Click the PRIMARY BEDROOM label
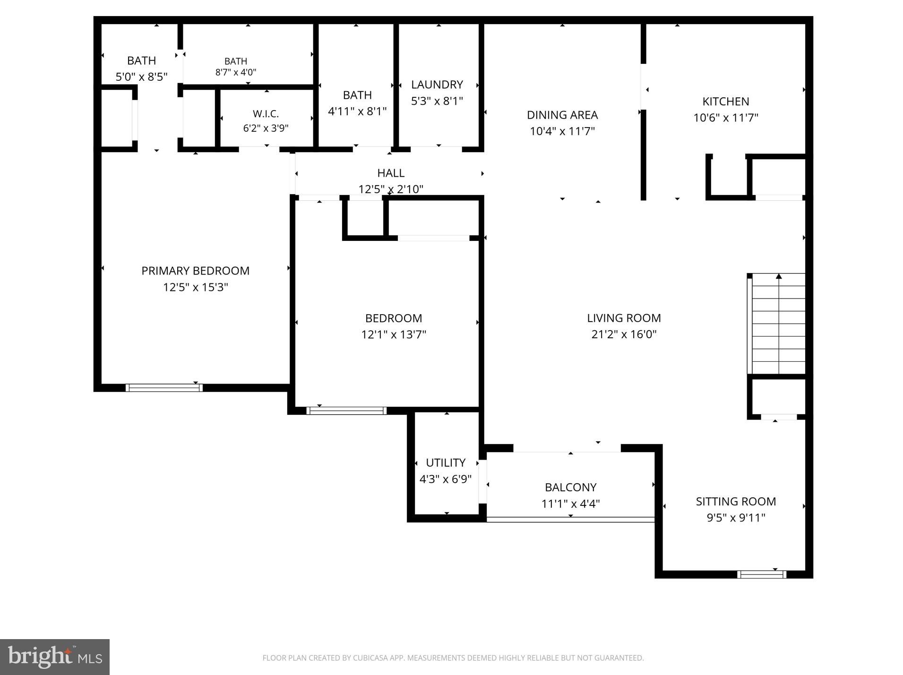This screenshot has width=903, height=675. [x=195, y=271]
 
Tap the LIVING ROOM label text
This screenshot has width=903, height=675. [x=624, y=318]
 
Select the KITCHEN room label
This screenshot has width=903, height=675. [x=725, y=102]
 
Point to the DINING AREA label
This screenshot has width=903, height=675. [x=562, y=115]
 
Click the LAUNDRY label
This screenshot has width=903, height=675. [x=437, y=85]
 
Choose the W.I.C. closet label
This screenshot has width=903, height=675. [x=266, y=114]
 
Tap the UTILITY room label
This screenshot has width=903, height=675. [x=446, y=462]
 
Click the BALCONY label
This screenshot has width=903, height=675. [x=570, y=487]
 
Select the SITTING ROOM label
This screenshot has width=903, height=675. [x=736, y=501]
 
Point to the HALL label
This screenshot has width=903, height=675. [x=391, y=173]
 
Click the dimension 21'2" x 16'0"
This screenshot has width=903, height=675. [x=624, y=334]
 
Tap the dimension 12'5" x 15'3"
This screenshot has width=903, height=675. [x=195, y=287]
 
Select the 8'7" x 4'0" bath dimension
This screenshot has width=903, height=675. [x=236, y=72]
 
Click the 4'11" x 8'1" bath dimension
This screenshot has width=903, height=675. [x=357, y=111]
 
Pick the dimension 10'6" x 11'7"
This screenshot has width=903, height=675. [x=725, y=118]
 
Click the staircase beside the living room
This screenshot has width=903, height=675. [x=776, y=324]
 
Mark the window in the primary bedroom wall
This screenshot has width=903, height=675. [x=164, y=388]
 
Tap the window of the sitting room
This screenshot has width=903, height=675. [x=762, y=574]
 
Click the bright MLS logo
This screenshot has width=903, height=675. [x=55, y=657]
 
